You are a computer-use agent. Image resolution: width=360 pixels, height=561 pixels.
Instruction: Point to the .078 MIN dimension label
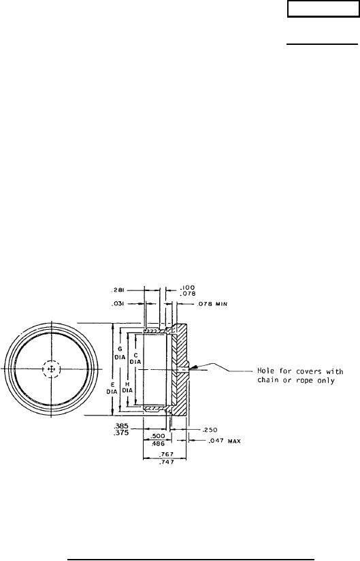coord(212,305)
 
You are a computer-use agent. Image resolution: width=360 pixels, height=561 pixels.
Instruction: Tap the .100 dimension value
coord(187,288)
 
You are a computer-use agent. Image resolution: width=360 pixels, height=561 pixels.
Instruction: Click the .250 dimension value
coord(210,430)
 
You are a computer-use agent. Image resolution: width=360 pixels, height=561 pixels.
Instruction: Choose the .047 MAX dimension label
coord(225,441)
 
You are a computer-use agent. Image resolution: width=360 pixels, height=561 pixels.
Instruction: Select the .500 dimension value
coord(158,436)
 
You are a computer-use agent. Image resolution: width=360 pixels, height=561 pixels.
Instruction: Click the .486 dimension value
coord(158,443)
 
